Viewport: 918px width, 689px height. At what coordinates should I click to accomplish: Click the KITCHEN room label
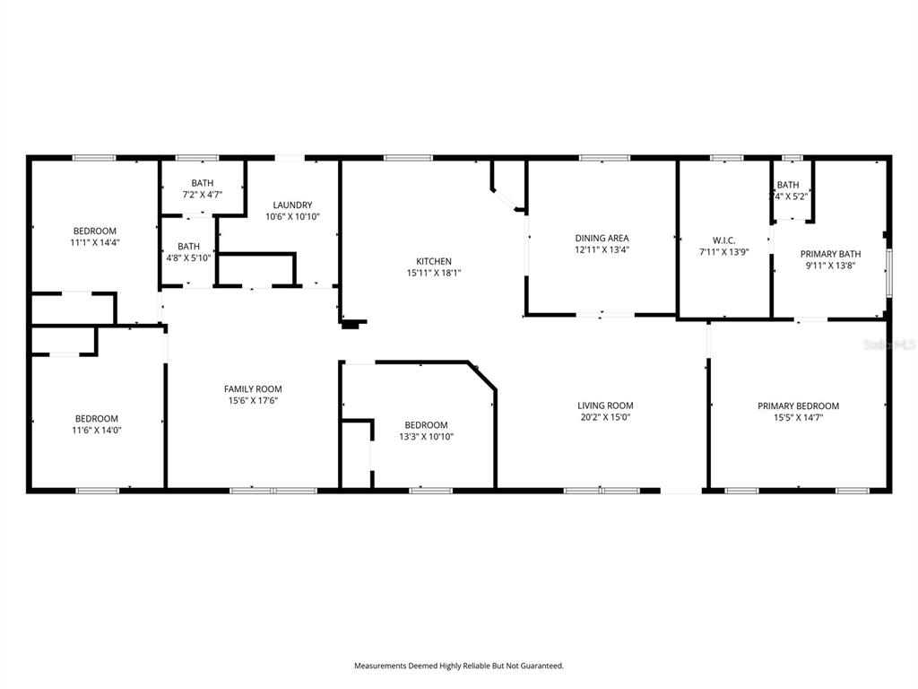433,261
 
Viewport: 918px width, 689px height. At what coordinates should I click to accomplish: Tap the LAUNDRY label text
292,205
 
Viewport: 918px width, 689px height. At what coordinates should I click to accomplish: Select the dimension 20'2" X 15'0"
605,417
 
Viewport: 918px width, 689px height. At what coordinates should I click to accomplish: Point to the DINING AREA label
602,238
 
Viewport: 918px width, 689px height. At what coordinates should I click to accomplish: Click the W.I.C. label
723,240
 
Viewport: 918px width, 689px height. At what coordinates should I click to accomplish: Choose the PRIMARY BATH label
830,254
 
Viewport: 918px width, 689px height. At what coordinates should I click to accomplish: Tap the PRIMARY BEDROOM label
798,406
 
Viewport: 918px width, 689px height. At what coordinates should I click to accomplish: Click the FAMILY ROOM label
253,388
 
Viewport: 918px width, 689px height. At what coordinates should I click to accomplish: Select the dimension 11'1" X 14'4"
95,242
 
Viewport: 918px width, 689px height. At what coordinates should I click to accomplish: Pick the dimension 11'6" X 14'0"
97,430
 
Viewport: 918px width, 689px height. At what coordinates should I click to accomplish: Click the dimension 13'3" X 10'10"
426,436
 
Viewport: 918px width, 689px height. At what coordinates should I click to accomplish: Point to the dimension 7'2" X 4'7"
202,194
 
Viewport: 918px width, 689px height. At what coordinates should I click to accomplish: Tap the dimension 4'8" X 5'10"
188,257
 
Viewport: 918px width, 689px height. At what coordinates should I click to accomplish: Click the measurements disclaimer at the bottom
458,666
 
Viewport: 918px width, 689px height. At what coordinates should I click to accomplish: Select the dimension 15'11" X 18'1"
433,273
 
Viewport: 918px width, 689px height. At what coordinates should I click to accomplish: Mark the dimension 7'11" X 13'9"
723,251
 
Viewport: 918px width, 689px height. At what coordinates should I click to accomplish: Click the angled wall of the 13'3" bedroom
483,376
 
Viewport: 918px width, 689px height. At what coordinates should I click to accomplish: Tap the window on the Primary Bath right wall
888,272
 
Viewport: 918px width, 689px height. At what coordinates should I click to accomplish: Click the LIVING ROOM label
605,406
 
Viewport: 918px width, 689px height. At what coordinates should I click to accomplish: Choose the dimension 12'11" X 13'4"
602,249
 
